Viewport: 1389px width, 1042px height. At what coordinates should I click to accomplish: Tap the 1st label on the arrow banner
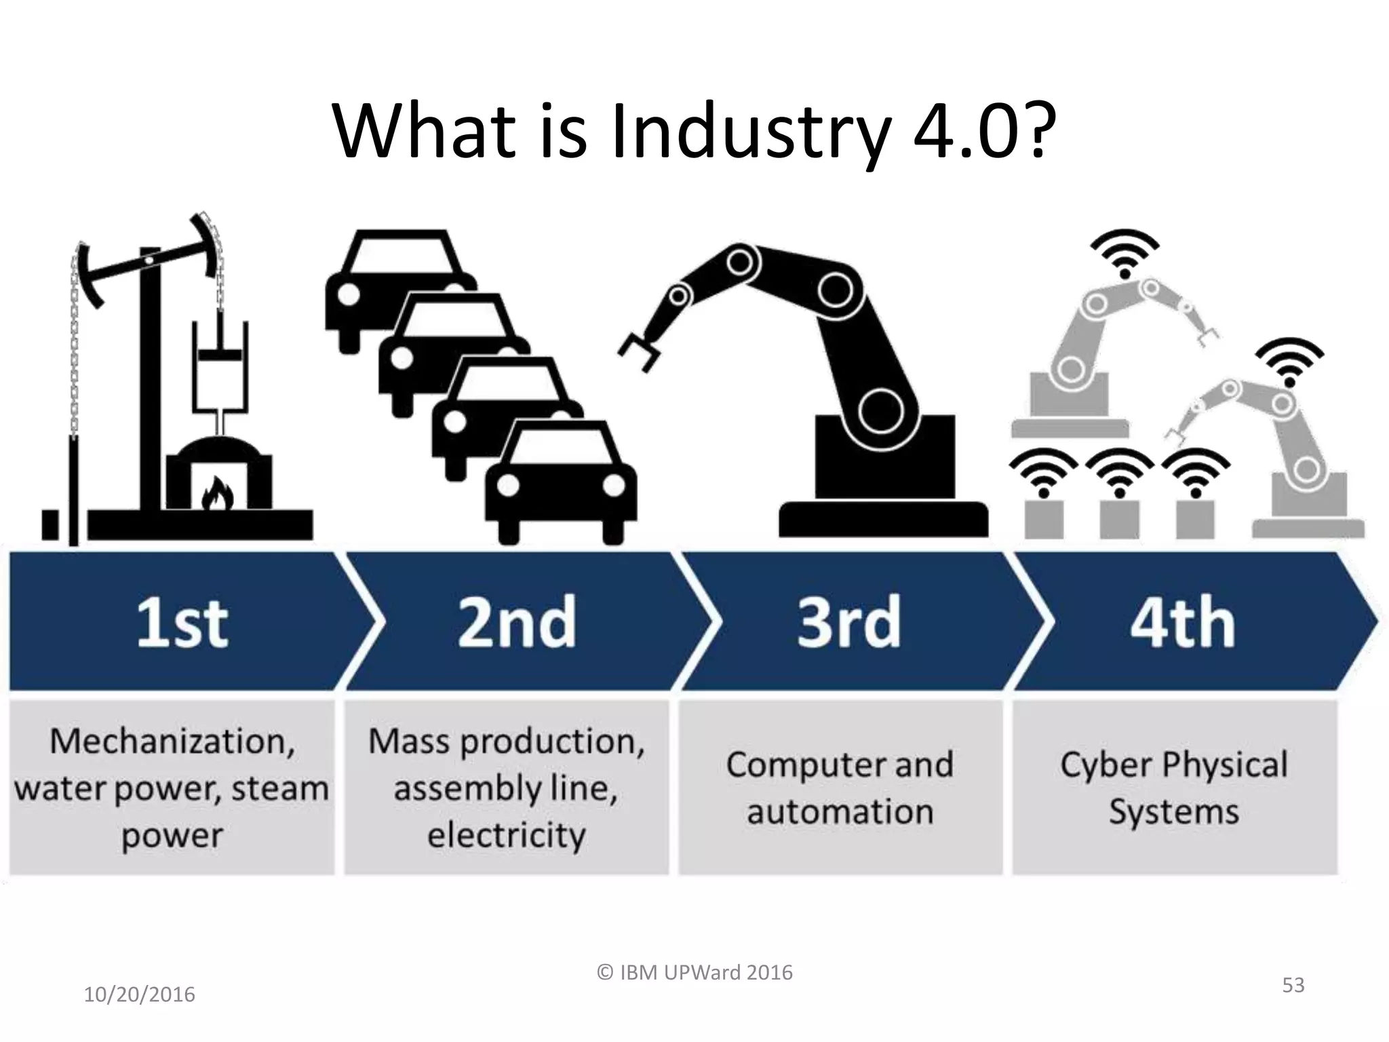(x=182, y=623)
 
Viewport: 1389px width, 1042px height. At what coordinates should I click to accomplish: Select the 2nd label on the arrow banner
(x=517, y=623)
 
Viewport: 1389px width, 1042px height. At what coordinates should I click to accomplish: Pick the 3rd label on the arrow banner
(x=848, y=623)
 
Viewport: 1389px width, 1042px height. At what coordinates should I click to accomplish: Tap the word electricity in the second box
(x=506, y=835)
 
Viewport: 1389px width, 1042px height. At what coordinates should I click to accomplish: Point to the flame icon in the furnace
(x=218, y=493)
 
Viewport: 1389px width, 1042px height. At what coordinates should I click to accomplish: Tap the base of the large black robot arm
(x=883, y=519)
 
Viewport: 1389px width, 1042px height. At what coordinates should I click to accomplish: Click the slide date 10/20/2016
(x=139, y=995)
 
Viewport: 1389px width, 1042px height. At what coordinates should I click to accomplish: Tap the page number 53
(x=1293, y=985)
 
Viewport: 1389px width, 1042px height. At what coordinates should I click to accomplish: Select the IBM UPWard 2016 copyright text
(x=694, y=972)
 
